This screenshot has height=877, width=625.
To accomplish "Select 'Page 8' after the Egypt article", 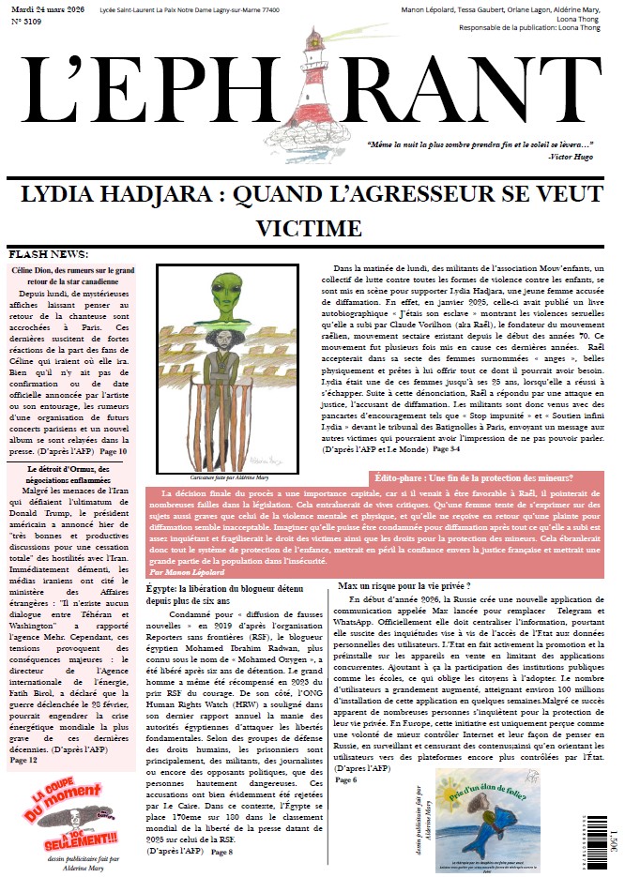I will tap(221, 852).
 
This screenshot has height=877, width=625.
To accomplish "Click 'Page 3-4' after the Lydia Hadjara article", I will tap(447, 450).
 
